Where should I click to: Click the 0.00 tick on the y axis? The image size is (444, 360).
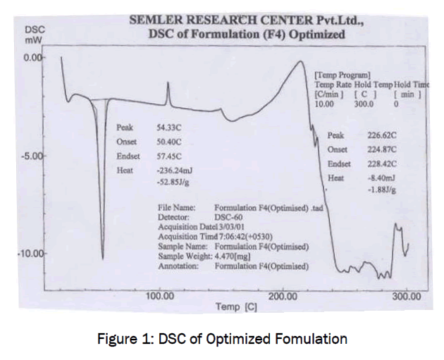33,56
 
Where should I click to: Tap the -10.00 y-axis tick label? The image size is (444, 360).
30,254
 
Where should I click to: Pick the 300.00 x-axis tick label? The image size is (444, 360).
407,295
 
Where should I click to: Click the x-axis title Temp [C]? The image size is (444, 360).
237,307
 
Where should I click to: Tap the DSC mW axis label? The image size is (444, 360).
33,36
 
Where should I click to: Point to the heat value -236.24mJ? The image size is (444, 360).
175,170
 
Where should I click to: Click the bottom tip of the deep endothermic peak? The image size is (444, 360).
103,259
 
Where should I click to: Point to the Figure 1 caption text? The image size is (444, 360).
221,340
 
